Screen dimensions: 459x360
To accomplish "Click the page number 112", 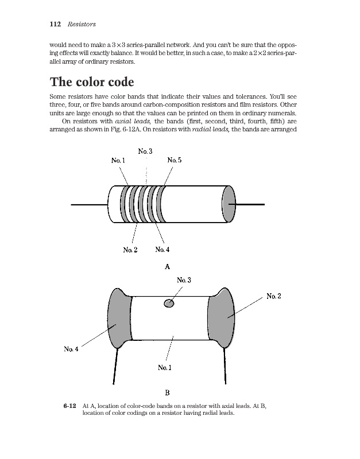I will tap(56, 24).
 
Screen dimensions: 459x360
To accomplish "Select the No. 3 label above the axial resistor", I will tap(145, 151).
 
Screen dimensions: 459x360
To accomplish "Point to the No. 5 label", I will tap(175, 161).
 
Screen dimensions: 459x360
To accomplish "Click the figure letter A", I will tap(167, 266).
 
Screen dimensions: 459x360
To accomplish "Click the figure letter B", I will tap(167, 393).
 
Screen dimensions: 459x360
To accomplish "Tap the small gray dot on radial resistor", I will tap(169, 303).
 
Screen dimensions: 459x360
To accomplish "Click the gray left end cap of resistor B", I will tap(119, 318).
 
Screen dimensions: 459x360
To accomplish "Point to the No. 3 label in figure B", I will tap(184, 279).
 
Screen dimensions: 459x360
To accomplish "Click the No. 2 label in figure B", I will tap(274, 296).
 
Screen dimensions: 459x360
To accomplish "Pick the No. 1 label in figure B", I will tap(165, 367).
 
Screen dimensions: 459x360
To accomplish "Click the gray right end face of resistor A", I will tap(229, 204).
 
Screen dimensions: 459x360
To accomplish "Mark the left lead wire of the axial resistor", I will tap(89, 204).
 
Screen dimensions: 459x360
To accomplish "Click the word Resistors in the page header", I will tap(82, 24).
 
